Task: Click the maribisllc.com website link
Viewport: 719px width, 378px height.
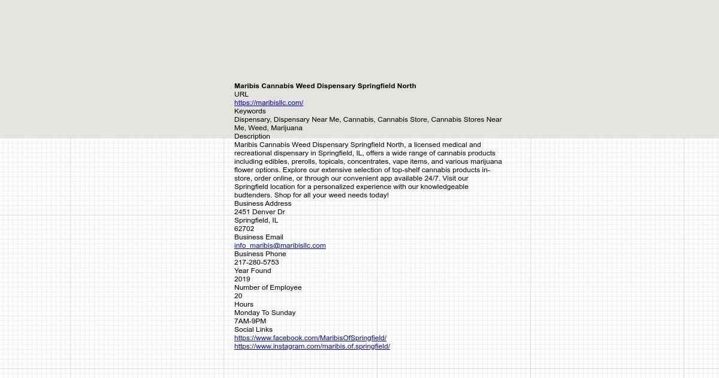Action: pyautogui.click(x=268, y=103)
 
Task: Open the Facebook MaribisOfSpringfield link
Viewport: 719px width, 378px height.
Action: pyautogui.click(x=310, y=338)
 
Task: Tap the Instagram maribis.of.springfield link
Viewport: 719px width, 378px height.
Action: pyautogui.click(x=312, y=346)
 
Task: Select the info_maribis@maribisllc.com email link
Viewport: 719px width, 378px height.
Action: pyautogui.click(x=280, y=245)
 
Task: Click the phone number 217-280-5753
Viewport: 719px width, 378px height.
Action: pyautogui.click(x=256, y=262)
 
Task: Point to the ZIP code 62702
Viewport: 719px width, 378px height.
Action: pyautogui.click(x=244, y=229)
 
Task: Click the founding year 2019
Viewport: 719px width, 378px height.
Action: pyautogui.click(x=242, y=279)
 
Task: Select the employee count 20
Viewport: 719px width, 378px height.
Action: pyautogui.click(x=238, y=296)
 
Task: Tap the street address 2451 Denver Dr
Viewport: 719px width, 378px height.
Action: pyautogui.click(x=259, y=212)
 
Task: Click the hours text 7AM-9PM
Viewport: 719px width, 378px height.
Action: pyautogui.click(x=250, y=321)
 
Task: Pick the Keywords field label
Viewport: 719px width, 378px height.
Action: pyautogui.click(x=250, y=111)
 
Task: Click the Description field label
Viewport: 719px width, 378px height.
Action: pyautogui.click(x=252, y=136)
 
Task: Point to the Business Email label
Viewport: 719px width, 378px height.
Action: pyautogui.click(x=258, y=237)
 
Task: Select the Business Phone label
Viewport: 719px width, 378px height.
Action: pyautogui.click(x=260, y=254)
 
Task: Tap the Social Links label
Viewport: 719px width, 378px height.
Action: pyautogui.click(x=253, y=329)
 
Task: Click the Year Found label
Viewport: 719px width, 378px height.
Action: pyautogui.click(x=252, y=271)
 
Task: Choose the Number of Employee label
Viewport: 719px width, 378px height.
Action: pyautogui.click(x=268, y=287)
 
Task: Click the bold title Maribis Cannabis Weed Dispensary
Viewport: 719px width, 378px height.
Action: pyautogui.click(x=325, y=86)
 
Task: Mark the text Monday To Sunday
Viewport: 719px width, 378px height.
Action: pyautogui.click(x=265, y=313)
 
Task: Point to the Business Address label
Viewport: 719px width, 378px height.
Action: pyautogui.click(x=262, y=203)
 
